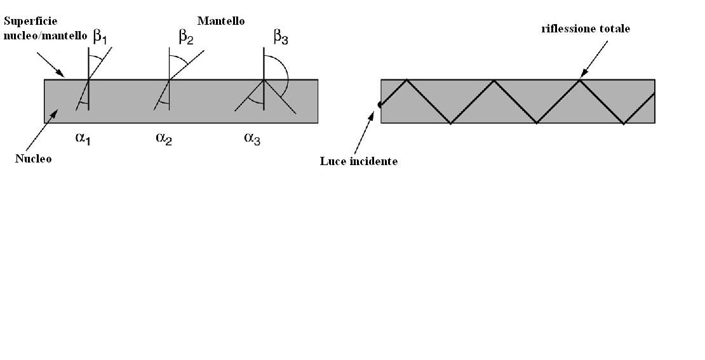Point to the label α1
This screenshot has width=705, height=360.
click(x=83, y=138)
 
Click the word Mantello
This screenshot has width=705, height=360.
click(x=221, y=21)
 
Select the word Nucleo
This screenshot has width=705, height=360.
click(x=33, y=159)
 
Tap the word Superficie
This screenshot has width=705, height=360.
click(x=31, y=21)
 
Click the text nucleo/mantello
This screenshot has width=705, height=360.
click(x=44, y=36)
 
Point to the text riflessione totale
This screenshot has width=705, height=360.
click(x=586, y=29)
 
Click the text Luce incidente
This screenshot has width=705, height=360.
click(x=359, y=161)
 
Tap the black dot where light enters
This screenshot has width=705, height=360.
click(x=380, y=104)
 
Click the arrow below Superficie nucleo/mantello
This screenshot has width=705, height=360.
click(x=51, y=64)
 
